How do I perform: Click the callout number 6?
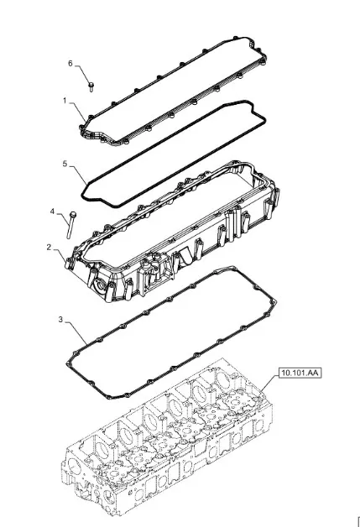point(70,63)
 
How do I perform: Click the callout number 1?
point(65,101)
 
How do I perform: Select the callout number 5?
point(65,164)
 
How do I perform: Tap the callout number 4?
point(52,211)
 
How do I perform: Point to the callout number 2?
point(49,247)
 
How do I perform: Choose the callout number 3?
point(60,319)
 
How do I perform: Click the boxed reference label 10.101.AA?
point(300,373)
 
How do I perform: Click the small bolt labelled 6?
point(91,86)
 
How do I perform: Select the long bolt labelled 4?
point(71,225)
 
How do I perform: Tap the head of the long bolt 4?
point(73,214)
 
